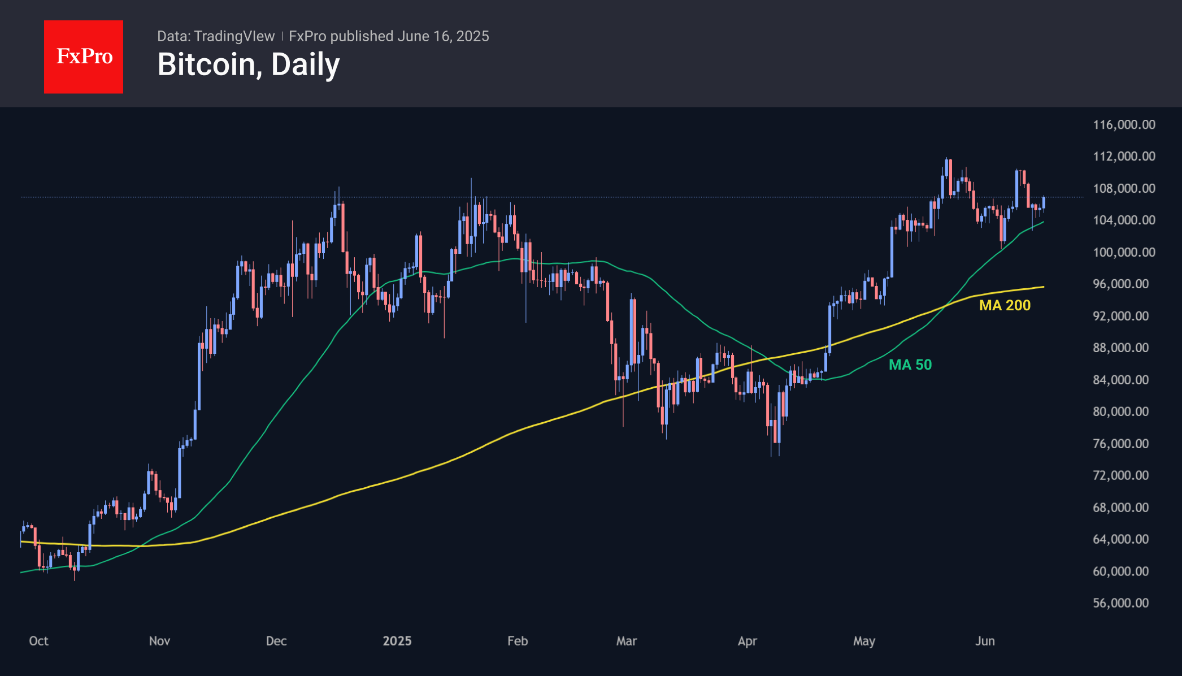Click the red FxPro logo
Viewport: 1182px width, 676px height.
tap(84, 57)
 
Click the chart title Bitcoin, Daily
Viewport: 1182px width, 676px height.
tap(249, 64)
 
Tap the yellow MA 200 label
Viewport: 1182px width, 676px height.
tap(1005, 305)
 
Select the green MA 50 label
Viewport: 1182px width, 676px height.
tap(910, 365)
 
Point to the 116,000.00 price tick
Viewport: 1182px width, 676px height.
tap(1124, 124)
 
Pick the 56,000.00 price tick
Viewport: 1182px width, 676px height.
tap(1121, 603)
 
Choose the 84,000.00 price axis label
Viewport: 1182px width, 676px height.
tap(1121, 380)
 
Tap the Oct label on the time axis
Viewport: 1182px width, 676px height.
tap(38, 641)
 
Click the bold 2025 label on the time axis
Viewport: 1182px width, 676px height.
tap(397, 641)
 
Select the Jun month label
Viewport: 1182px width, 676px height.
tap(985, 641)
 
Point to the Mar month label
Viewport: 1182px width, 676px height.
tap(627, 641)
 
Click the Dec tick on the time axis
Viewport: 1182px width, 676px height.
tap(276, 641)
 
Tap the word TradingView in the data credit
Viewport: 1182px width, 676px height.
tap(234, 36)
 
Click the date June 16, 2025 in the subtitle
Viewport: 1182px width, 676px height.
tap(443, 36)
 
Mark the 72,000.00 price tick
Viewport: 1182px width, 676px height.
tap(1121, 475)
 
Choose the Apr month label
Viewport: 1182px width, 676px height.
tap(748, 641)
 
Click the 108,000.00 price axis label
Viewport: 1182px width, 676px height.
tap(1124, 188)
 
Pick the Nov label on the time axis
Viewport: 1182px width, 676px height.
tap(159, 641)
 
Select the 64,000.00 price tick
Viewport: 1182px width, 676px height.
tap(1121, 539)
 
